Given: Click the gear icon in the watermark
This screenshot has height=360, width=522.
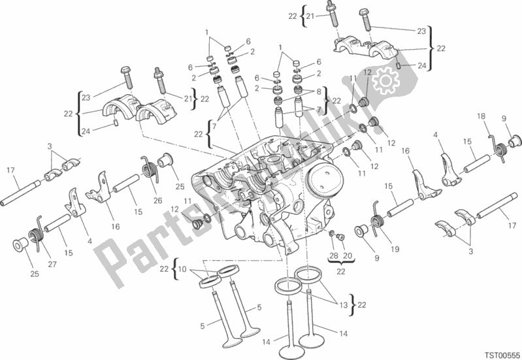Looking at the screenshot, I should (384, 81).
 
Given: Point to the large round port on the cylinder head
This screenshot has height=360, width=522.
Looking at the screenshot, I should (324, 178).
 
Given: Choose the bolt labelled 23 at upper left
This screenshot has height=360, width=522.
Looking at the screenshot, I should (125, 76).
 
